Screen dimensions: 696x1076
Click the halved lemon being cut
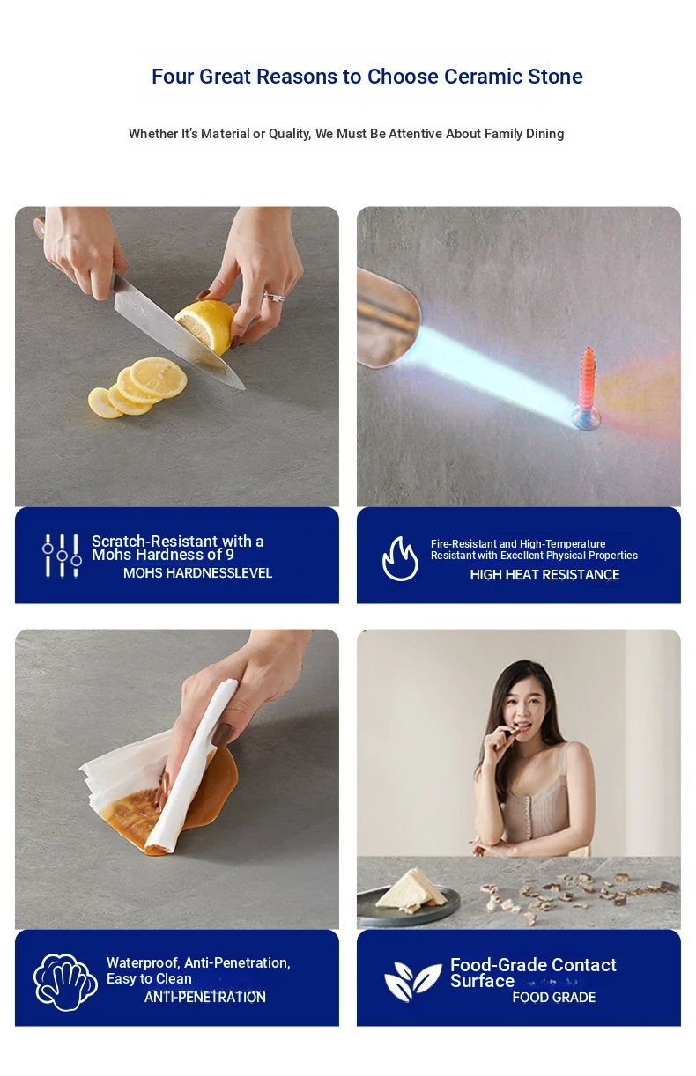click(x=206, y=326)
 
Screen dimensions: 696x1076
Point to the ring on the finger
click(x=273, y=297)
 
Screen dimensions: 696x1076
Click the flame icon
click(x=400, y=558)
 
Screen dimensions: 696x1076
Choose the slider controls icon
click(x=62, y=556)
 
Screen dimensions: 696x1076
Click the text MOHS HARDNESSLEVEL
click(x=197, y=573)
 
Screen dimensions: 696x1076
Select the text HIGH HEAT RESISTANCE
click(x=544, y=574)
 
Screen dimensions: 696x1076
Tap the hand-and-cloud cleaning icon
click(x=65, y=982)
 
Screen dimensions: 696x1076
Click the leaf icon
click(x=412, y=982)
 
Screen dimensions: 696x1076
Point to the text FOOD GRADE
click(x=554, y=998)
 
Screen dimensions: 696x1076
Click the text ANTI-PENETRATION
click(x=204, y=998)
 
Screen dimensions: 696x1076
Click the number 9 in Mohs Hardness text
click(x=230, y=555)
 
